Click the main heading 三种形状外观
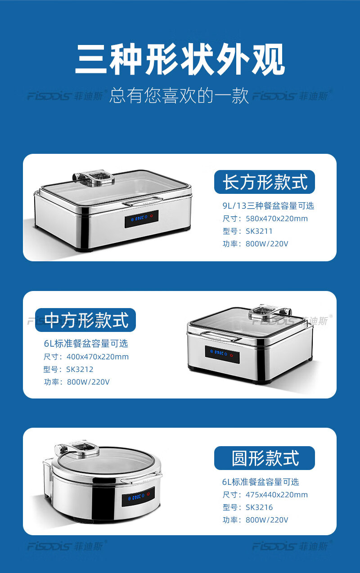[x=180, y=59]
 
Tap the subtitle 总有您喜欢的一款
[x=179, y=96]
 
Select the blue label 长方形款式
[x=265, y=182]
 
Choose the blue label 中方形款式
[x=85, y=320]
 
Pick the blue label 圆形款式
[x=265, y=458]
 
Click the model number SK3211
[x=259, y=231]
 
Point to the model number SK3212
[x=80, y=369]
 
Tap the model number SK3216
[x=259, y=507]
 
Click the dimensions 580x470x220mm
[x=277, y=219]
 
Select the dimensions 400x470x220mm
[x=98, y=357]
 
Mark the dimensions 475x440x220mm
[x=277, y=495]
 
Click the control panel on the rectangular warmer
[x=141, y=219]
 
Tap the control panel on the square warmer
[x=222, y=354]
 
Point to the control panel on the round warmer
[x=138, y=497]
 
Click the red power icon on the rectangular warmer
[x=152, y=216]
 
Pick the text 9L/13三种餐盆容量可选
[x=268, y=206]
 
